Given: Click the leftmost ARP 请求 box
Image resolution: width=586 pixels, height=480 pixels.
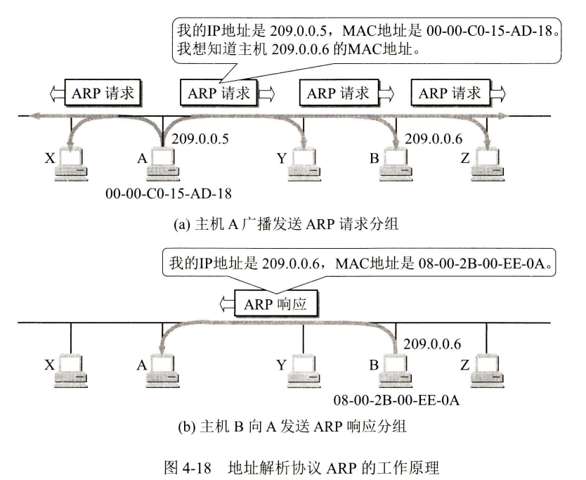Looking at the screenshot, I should pyautogui.click(x=103, y=91).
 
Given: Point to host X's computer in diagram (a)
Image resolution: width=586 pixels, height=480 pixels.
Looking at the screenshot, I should pyautogui.click(x=72, y=162).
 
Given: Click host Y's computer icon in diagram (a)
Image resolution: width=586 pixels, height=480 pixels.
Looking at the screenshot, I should pyautogui.click(x=303, y=162).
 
